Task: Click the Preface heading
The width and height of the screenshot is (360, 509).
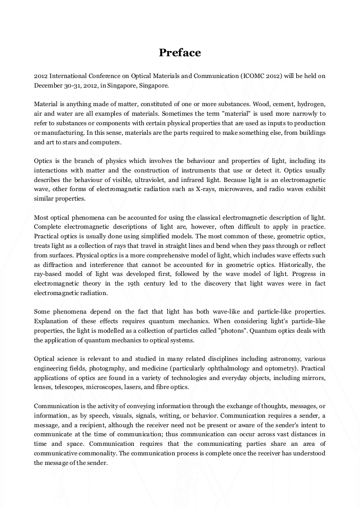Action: pos(180,53)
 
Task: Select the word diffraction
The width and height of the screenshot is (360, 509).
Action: pos(58,265)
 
